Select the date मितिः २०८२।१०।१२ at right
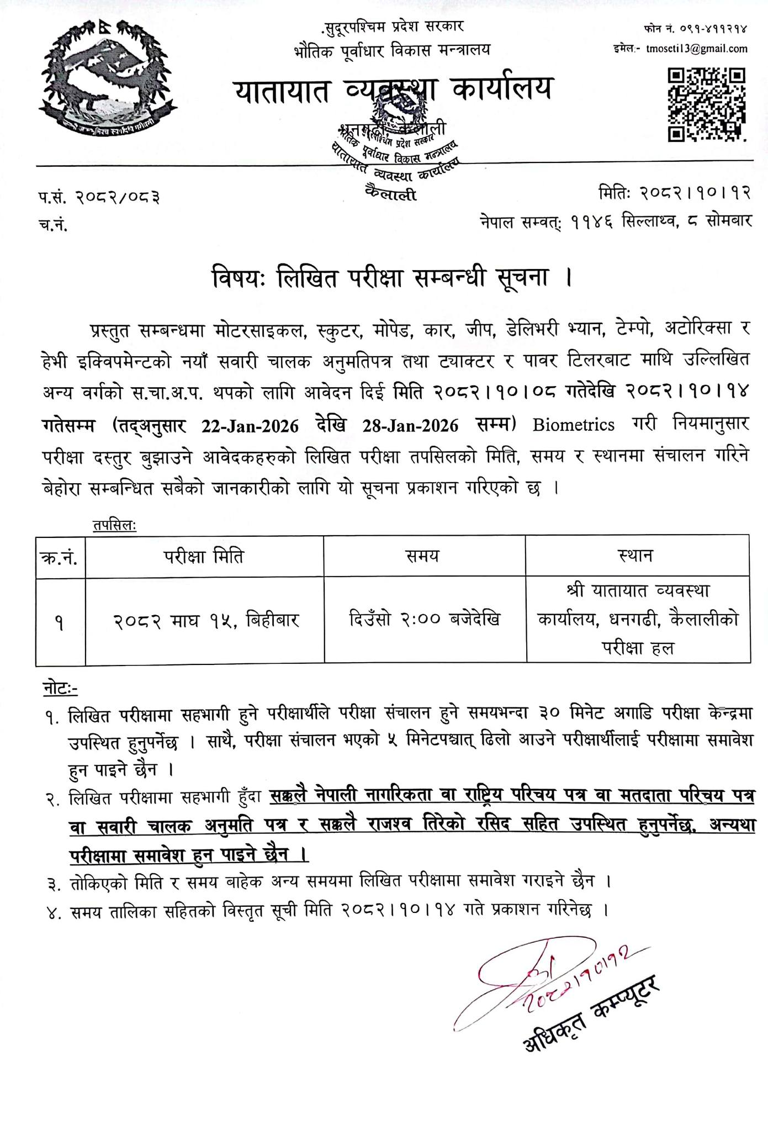(675, 192)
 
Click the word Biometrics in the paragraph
(574, 425)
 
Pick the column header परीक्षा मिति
(204, 556)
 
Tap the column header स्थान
(637, 556)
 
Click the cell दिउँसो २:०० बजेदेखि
(424, 620)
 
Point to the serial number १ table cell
(60, 623)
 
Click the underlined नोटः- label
(60, 689)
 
